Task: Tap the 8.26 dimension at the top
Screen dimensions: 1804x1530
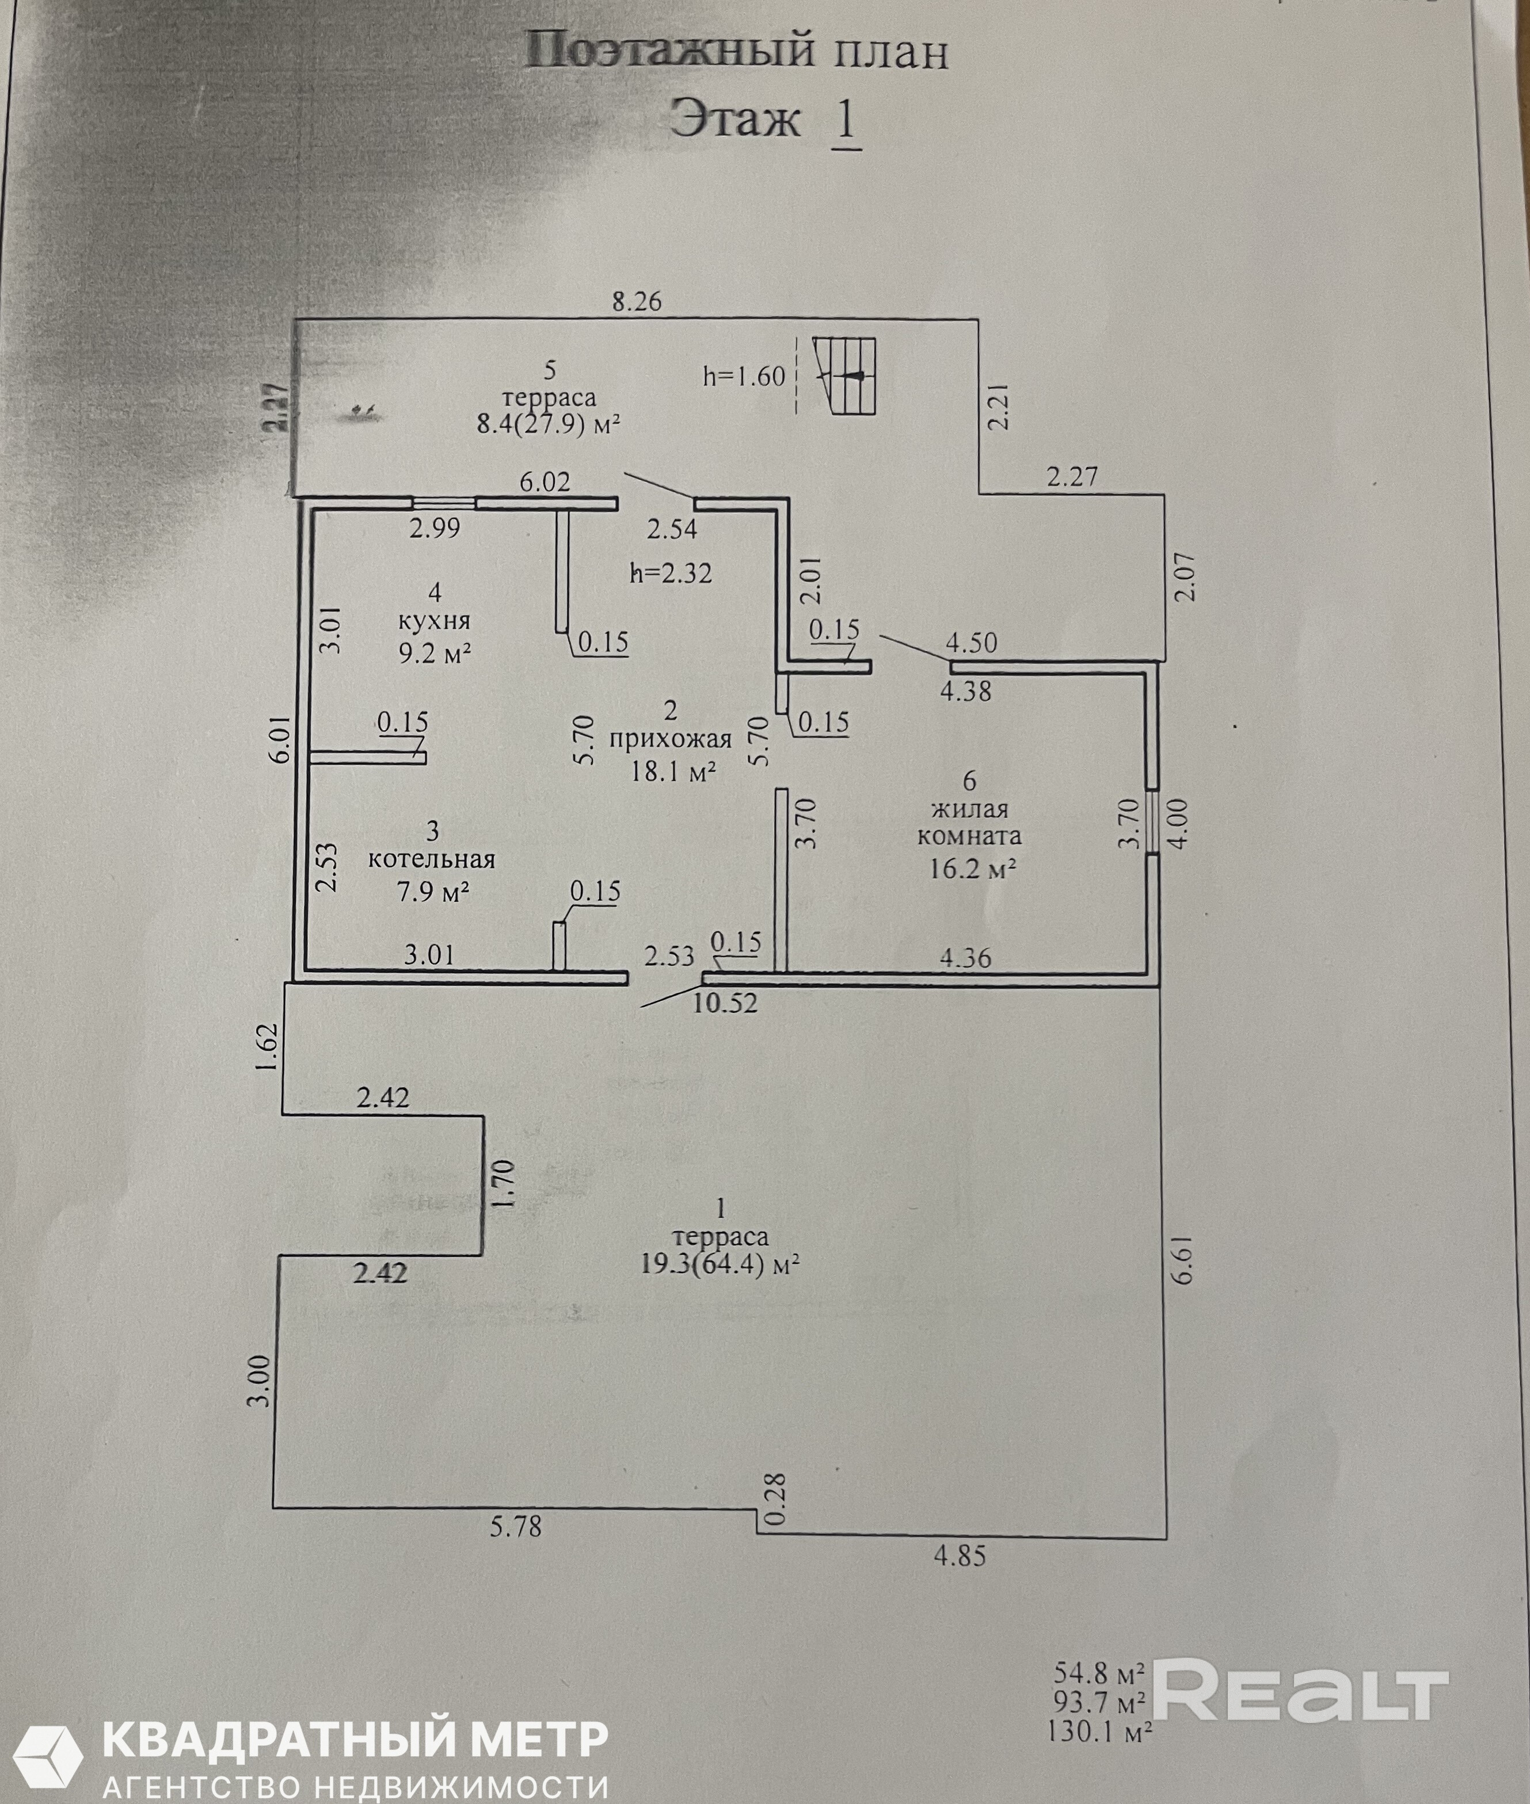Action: pyautogui.click(x=637, y=301)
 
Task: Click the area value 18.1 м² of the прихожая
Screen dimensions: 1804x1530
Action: pyautogui.click(x=673, y=771)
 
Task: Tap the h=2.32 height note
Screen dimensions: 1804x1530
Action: pyautogui.click(x=672, y=573)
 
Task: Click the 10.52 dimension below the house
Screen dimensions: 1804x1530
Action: pyautogui.click(x=725, y=1003)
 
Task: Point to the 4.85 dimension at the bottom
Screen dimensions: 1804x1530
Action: pyautogui.click(x=960, y=1556)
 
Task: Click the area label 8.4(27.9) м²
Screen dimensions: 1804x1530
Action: pyautogui.click(x=549, y=424)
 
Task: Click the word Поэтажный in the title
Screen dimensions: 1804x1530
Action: pyautogui.click(x=669, y=52)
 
